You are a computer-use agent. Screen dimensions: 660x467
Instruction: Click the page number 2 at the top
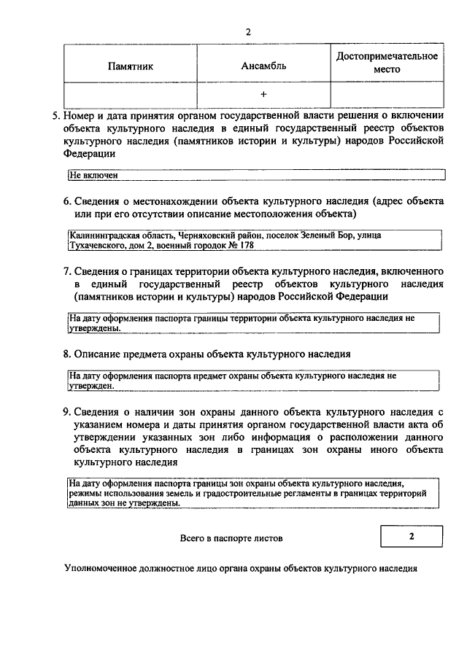pos(248,32)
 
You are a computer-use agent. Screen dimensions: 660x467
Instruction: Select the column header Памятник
pos(131,66)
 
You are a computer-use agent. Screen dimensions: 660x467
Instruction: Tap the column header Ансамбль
pos(263,66)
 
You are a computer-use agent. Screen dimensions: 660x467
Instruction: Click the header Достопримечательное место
pos(387,62)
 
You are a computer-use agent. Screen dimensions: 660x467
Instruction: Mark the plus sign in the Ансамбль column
pos(263,95)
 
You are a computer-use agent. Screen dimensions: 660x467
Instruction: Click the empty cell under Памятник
pos(131,95)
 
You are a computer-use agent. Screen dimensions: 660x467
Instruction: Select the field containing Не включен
pos(255,176)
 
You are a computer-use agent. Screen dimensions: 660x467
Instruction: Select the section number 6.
pos(66,201)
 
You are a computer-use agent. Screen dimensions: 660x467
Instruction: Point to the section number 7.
pos(66,271)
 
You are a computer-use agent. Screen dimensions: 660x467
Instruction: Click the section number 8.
pos(66,354)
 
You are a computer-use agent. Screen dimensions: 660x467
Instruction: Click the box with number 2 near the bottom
pos(411,537)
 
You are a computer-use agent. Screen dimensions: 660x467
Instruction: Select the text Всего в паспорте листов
pos(231,538)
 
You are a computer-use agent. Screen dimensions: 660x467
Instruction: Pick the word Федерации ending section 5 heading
pos(89,155)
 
